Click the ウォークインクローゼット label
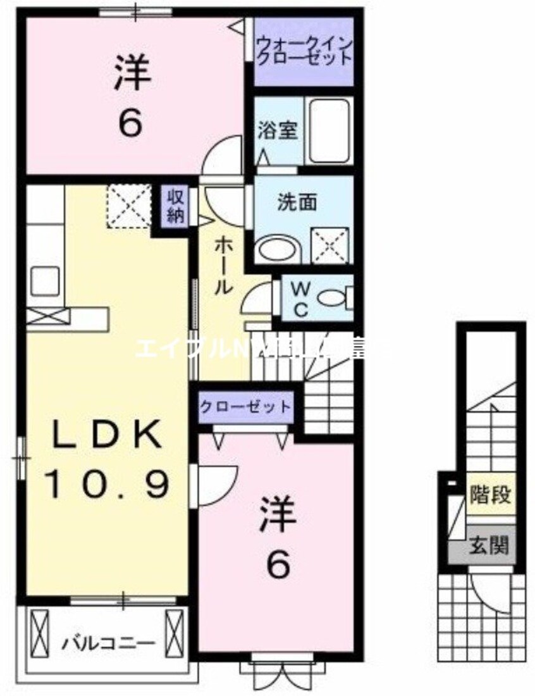pos(304,51)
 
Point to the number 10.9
pos(106,484)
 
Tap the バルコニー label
pos(108,644)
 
